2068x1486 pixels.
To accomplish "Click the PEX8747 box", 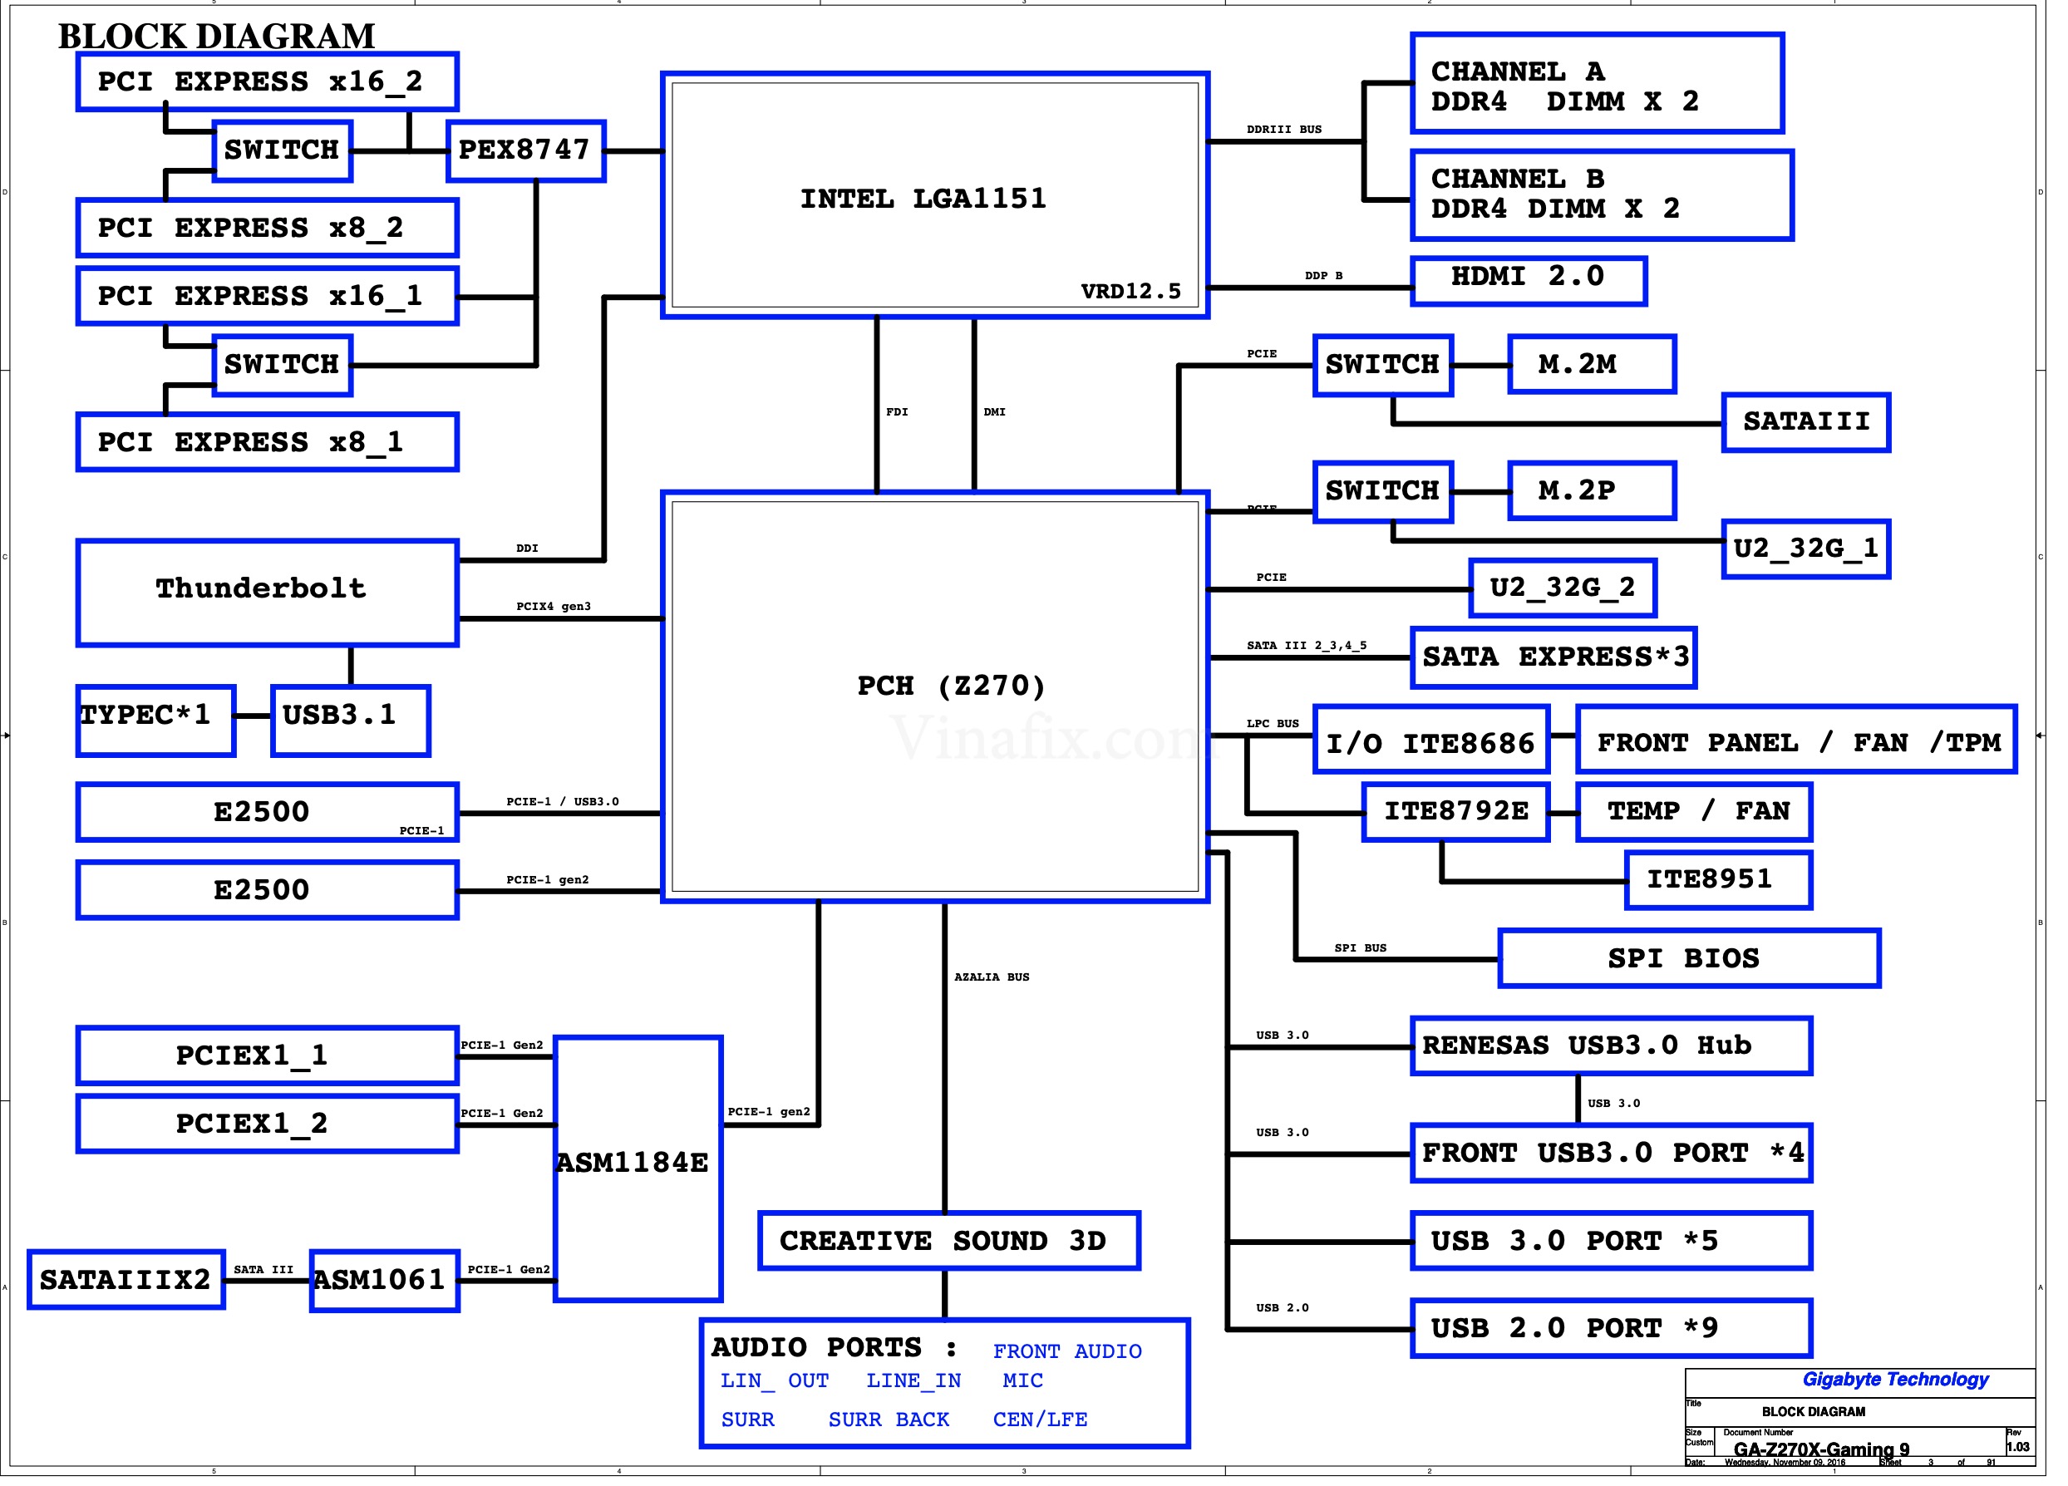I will point(526,150).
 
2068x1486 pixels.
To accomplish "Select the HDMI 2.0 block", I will point(1529,280).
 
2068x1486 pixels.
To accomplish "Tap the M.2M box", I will point(1591,365).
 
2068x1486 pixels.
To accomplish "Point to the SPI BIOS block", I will point(1689,958).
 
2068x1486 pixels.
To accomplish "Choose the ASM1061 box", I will point(384,1280).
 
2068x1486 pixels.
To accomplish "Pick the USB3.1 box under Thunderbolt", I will point(350,721).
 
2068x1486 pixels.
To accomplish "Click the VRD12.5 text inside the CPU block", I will point(1130,292).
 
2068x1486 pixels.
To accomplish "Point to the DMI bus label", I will point(994,412).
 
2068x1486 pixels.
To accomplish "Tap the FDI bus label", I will point(896,412).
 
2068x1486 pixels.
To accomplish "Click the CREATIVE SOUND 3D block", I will point(948,1241).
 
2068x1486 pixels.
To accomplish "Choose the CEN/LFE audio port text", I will point(1040,1420).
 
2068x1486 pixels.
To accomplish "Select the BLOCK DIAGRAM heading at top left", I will point(217,37).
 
